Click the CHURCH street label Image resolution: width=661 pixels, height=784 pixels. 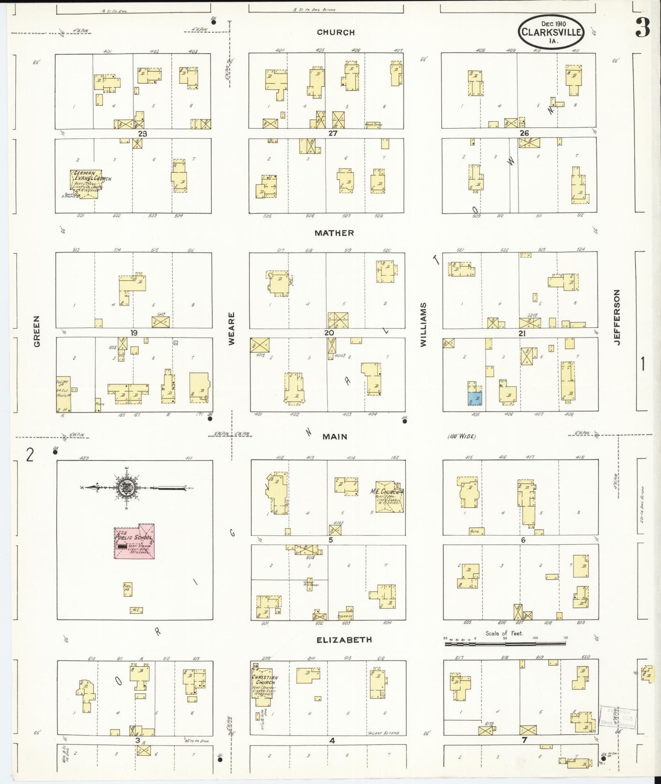click(336, 32)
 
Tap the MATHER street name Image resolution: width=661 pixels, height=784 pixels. click(334, 233)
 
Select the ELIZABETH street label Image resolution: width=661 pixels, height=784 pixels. click(344, 639)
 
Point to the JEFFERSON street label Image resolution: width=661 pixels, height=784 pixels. click(617, 317)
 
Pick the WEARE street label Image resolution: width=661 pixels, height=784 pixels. click(231, 328)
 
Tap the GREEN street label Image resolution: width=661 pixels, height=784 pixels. click(37, 331)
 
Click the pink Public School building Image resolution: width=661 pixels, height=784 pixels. click(134, 541)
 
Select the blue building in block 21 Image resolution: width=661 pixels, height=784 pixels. click(475, 398)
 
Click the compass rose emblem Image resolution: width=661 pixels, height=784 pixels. click(125, 488)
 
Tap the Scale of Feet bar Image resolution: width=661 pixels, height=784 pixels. click(505, 644)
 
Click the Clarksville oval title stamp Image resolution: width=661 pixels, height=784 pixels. click(551, 32)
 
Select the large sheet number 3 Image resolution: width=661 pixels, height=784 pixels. click(642, 29)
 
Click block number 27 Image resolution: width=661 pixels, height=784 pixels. click(333, 133)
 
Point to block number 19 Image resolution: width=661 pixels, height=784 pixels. click(134, 333)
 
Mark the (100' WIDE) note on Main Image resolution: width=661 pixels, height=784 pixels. click(462, 436)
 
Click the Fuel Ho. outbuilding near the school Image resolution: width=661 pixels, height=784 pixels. click(128, 589)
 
